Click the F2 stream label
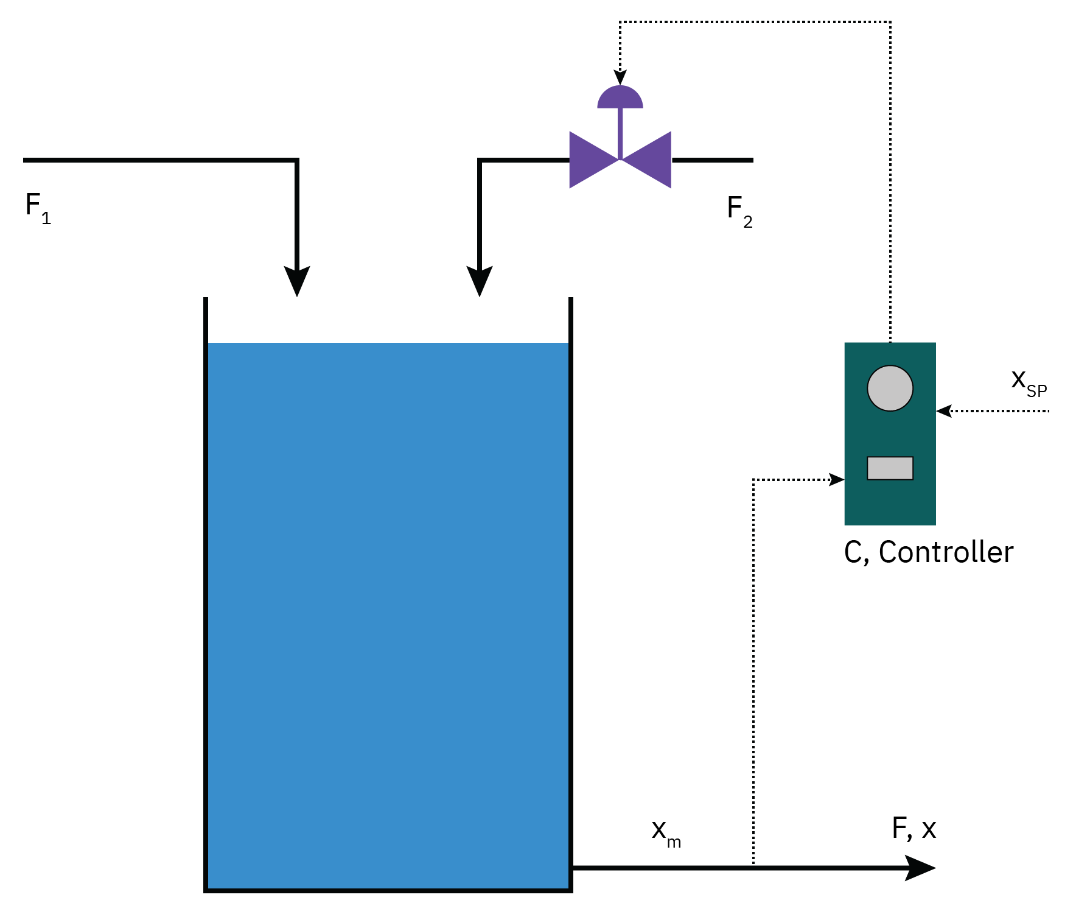click(739, 211)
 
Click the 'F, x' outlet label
click(914, 829)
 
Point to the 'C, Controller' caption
click(929, 552)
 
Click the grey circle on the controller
click(890, 388)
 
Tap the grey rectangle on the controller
click(890, 468)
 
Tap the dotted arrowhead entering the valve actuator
click(620, 78)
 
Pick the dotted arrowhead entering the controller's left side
click(837, 480)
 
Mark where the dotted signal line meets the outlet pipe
click(753, 867)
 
